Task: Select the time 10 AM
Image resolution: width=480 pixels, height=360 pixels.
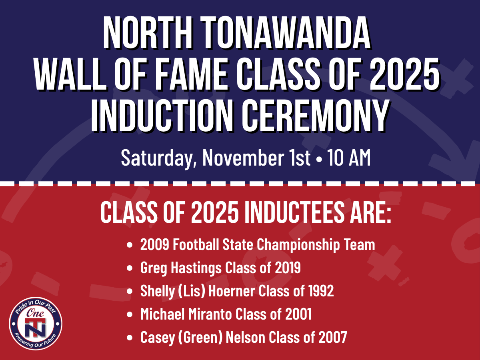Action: point(348,158)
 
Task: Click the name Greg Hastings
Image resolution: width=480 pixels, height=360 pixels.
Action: point(180,268)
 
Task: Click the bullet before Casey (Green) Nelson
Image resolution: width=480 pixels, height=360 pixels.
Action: point(130,338)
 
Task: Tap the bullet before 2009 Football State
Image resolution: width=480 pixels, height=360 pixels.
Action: point(130,245)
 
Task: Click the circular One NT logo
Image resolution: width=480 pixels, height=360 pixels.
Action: point(36,323)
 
